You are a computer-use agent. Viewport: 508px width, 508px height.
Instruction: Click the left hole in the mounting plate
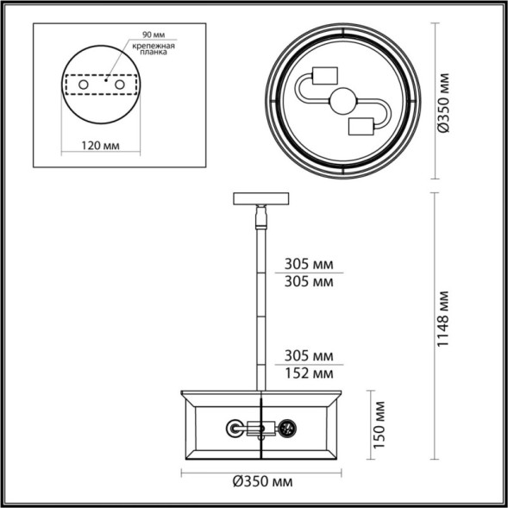pos(85,87)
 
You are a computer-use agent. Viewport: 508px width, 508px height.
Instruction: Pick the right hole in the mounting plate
pos(120,87)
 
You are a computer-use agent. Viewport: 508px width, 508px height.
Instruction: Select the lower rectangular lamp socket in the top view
pos(361,126)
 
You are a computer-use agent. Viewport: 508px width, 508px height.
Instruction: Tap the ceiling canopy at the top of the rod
pos(260,198)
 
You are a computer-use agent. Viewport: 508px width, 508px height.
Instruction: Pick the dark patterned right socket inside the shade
pos(285,427)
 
